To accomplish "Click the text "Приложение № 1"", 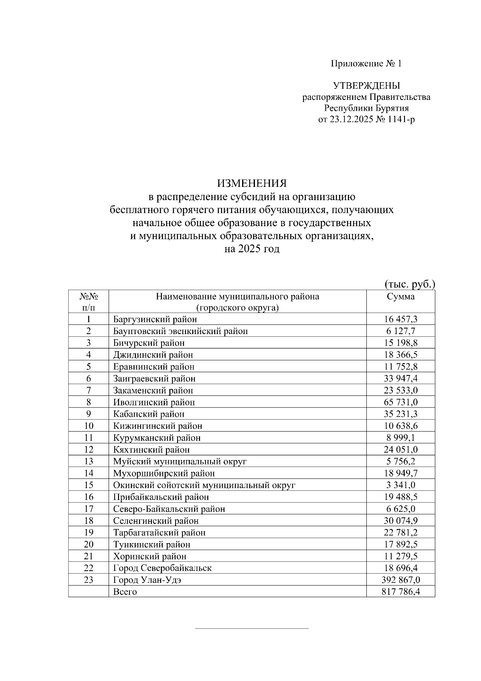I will pyautogui.click(x=366, y=63).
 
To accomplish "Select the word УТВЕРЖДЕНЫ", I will pyautogui.click(x=366, y=85).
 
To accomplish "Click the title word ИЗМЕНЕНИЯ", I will pyautogui.click(x=252, y=184).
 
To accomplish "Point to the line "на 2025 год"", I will pyautogui.click(x=252, y=249).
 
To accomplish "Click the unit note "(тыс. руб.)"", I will pyautogui.click(x=410, y=284).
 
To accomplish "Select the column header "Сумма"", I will pyautogui.click(x=400, y=297).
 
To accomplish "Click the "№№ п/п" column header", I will pyautogui.click(x=89, y=302).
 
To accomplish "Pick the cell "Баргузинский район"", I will pyautogui.click(x=155, y=319).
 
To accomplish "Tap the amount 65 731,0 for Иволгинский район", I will pyautogui.click(x=400, y=402).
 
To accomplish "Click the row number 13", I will pyautogui.click(x=89, y=461).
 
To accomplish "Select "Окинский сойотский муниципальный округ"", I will pyautogui.click(x=204, y=485).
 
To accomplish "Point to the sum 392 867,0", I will pyautogui.click(x=400, y=580).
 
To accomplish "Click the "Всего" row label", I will pyautogui.click(x=125, y=592).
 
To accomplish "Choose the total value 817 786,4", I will pyautogui.click(x=400, y=592).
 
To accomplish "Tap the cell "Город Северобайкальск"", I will pyautogui.click(x=162, y=568).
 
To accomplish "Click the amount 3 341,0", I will pyautogui.click(x=400, y=485).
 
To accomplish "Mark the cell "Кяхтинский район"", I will pyautogui.click(x=152, y=450).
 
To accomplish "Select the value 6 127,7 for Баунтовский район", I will pyautogui.click(x=400, y=331).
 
